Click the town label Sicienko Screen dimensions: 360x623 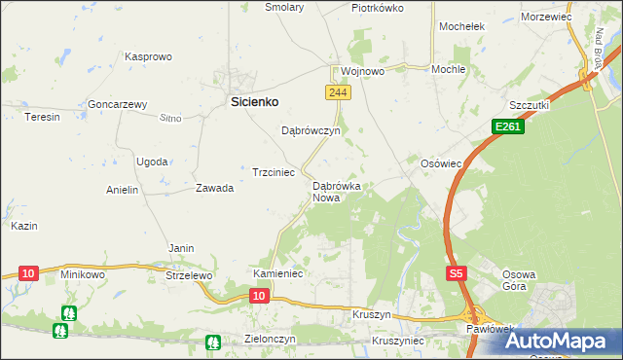coord(254,100)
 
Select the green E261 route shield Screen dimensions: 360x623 coord(507,126)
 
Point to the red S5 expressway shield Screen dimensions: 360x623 coord(457,275)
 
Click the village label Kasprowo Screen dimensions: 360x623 coord(148,57)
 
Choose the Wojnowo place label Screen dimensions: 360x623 coord(363,71)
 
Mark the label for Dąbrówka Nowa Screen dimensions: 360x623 coord(337,191)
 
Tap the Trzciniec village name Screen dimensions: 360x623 coord(274,171)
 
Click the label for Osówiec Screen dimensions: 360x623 coord(440,164)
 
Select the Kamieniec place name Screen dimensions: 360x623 coord(279,274)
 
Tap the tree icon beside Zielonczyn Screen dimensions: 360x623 coord(213,342)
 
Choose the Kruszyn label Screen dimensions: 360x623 coord(372,316)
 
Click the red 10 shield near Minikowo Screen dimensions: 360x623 coord(28,273)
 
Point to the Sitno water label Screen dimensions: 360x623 coord(170,118)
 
